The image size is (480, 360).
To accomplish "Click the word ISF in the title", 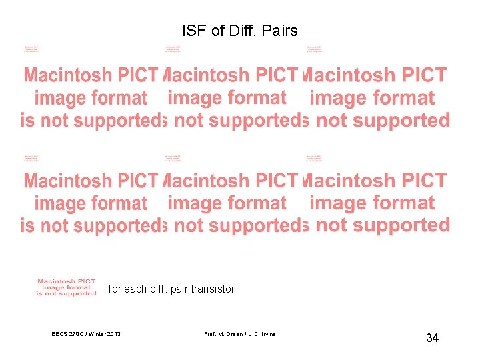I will [x=191, y=31].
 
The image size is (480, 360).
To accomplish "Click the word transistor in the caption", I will [x=213, y=289].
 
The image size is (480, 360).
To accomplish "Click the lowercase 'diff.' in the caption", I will [x=158, y=289].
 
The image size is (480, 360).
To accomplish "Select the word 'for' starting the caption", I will [x=115, y=289].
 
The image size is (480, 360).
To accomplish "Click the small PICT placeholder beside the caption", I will [x=66, y=287].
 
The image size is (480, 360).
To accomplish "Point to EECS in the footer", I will [x=59, y=334].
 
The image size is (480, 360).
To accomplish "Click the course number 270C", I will [x=78, y=334].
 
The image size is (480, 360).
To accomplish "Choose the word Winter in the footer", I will [x=99, y=334].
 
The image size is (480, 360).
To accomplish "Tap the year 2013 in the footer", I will [x=115, y=334].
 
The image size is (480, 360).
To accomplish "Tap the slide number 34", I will [x=432, y=339].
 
